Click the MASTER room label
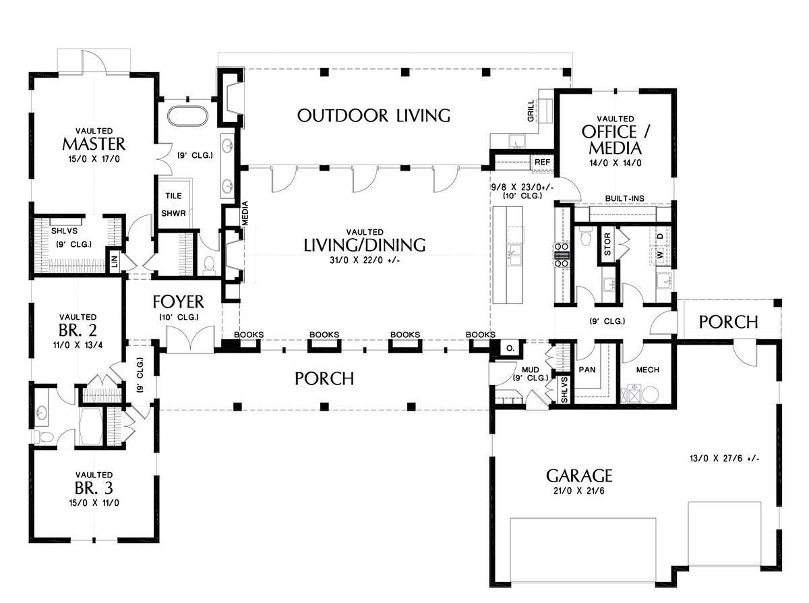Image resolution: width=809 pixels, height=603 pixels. click(x=94, y=144)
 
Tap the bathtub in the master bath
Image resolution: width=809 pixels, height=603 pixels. click(x=187, y=117)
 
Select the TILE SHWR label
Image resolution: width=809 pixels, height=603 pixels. click(x=174, y=204)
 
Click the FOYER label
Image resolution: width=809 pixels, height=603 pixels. click(x=178, y=302)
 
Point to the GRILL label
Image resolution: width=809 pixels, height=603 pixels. click(x=531, y=111)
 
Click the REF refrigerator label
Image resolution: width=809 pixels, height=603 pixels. click(x=543, y=162)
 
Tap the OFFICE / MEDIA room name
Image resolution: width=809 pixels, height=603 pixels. click(x=615, y=140)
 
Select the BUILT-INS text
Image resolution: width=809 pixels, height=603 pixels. click(x=625, y=198)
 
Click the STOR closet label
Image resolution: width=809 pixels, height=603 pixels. click(x=607, y=244)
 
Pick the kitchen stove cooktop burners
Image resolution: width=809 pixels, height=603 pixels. click(x=562, y=255)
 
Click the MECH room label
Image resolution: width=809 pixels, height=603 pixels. click(x=647, y=370)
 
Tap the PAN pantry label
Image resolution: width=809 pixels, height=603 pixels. click(x=587, y=370)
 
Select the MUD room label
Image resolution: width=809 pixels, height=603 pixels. click(x=531, y=370)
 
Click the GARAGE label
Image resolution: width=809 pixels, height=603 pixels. click(x=579, y=476)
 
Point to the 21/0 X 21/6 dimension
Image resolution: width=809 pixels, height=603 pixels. click(x=579, y=491)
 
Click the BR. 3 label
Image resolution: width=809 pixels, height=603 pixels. click(x=94, y=488)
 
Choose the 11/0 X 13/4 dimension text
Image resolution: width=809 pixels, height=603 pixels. click(x=78, y=345)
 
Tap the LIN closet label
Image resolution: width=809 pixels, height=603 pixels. click(x=114, y=261)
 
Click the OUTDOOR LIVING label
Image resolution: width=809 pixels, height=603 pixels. click(x=374, y=116)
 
